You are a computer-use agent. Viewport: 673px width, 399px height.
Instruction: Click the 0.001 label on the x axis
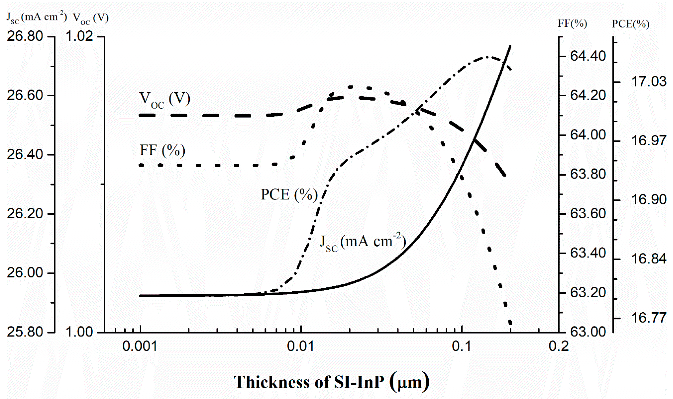click(x=140, y=347)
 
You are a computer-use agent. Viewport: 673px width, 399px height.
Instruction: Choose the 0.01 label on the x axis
click(x=301, y=347)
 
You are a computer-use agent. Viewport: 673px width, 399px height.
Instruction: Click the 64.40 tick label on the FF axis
click(x=588, y=56)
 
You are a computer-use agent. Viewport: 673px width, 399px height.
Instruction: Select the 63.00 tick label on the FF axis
click(x=588, y=332)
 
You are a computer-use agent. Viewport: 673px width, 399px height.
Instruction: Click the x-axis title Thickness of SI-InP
click(x=331, y=382)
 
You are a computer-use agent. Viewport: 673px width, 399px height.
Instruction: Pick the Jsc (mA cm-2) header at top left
click(x=37, y=18)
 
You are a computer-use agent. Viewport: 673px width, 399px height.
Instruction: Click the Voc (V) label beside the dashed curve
click(x=165, y=100)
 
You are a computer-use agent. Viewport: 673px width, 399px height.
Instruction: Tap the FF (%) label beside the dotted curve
click(x=162, y=150)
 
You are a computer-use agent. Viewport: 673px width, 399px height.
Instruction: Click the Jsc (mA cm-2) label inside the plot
click(x=362, y=242)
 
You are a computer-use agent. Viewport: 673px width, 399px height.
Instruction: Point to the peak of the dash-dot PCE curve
click(x=487, y=57)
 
